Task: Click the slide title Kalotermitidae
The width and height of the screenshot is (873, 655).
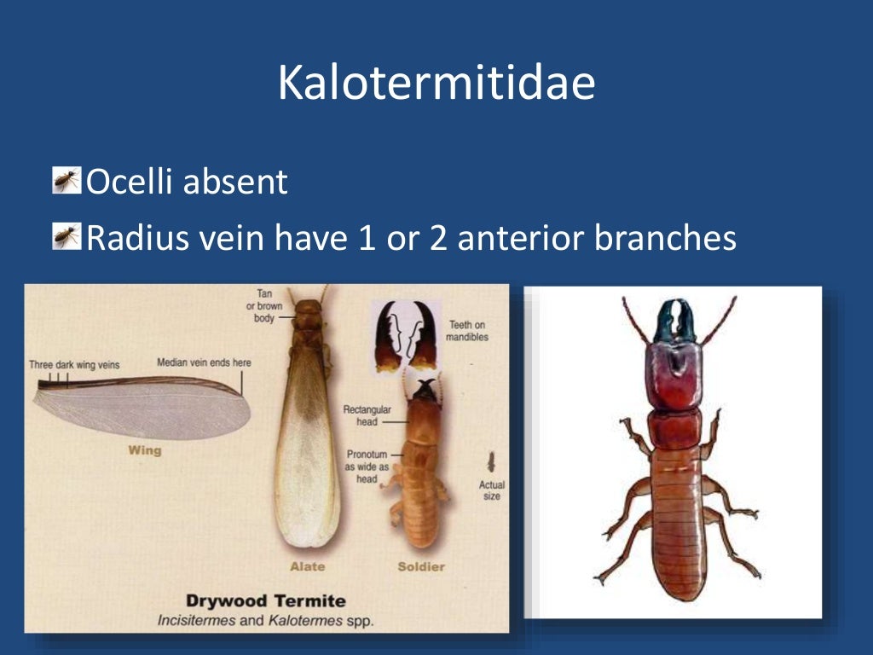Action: (436, 83)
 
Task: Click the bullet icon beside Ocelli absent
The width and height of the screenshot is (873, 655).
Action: (66, 181)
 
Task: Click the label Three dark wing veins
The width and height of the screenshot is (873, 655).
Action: (74, 364)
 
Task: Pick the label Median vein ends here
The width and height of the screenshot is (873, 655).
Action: (204, 362)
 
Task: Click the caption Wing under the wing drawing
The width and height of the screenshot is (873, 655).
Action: (144, 449)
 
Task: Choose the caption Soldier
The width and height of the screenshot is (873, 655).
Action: (421, 565)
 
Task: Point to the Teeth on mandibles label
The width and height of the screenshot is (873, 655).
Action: (466, 331)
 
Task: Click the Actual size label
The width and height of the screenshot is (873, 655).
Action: (492, 490)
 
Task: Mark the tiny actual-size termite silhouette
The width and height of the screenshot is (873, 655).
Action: (492, 462)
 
